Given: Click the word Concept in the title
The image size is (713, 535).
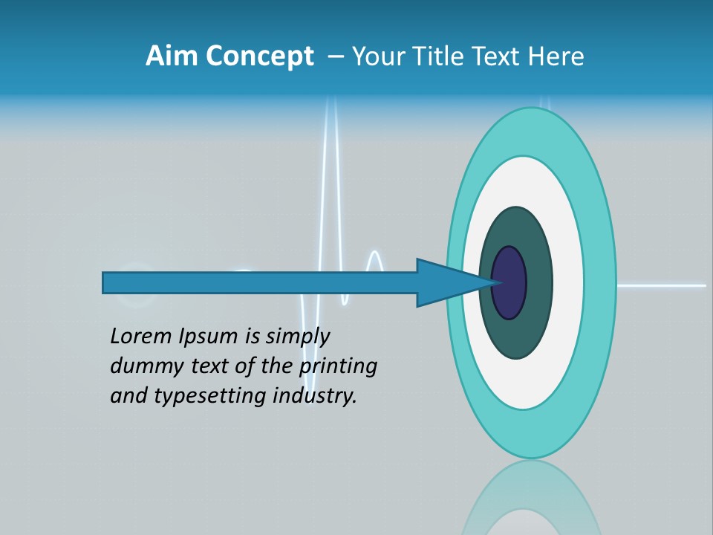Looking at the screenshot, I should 259,56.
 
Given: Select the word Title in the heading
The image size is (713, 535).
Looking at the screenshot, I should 440,56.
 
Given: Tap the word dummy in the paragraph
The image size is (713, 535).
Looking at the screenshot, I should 143,367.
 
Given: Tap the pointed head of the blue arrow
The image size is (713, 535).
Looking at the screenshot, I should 453,282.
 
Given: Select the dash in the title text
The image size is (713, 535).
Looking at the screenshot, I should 335,56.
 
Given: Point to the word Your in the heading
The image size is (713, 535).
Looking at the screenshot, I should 375,56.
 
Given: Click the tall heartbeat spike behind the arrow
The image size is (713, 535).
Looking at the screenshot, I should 331,186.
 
